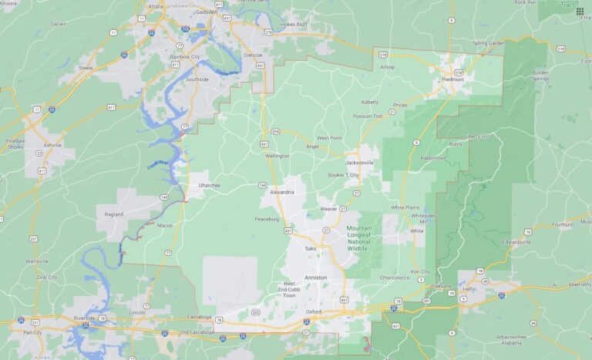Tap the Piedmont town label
[x=453, y=79]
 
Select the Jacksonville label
[x=360, y=163]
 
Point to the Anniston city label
[x=315, y=278]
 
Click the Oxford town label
[x=314, y=311]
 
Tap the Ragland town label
[x=113, y=214]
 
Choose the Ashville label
[x=52, y=145]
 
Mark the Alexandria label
[x=282, y=192]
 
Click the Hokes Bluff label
[x=293, y=24]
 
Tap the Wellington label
[x=277, y=156]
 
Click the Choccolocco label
[x=395, y=275]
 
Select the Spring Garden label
[x=487, y=43]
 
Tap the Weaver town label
[x=328, y=209]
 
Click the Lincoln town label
[x=138, y=312]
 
